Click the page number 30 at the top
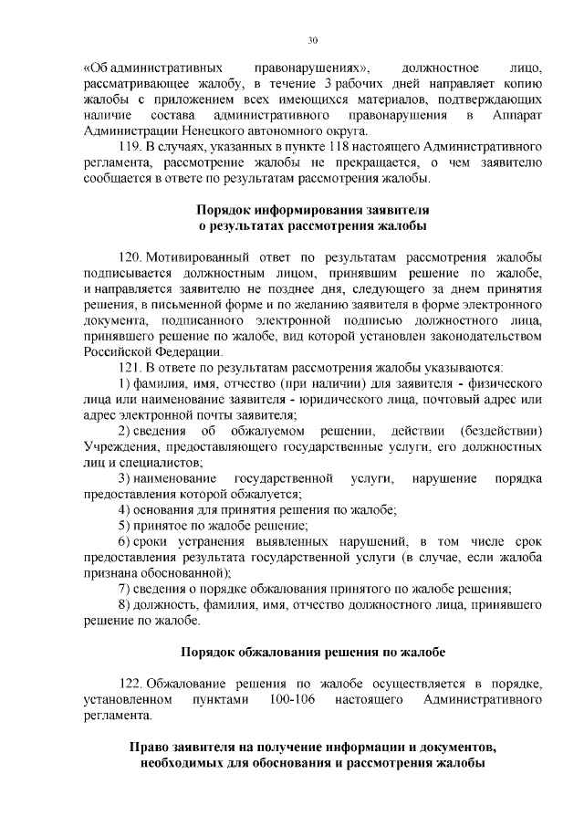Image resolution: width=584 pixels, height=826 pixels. pos(312,40)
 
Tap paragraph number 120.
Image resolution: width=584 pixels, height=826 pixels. pos(130,256)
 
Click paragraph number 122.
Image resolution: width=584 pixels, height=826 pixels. pos(130,685)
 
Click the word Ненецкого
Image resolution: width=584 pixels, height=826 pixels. pos(199,131)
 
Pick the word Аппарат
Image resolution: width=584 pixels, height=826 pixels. pos(520,115)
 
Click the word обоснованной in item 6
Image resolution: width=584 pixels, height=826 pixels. pos(190,573)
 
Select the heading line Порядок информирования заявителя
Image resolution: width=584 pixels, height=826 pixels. pos(314,209)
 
